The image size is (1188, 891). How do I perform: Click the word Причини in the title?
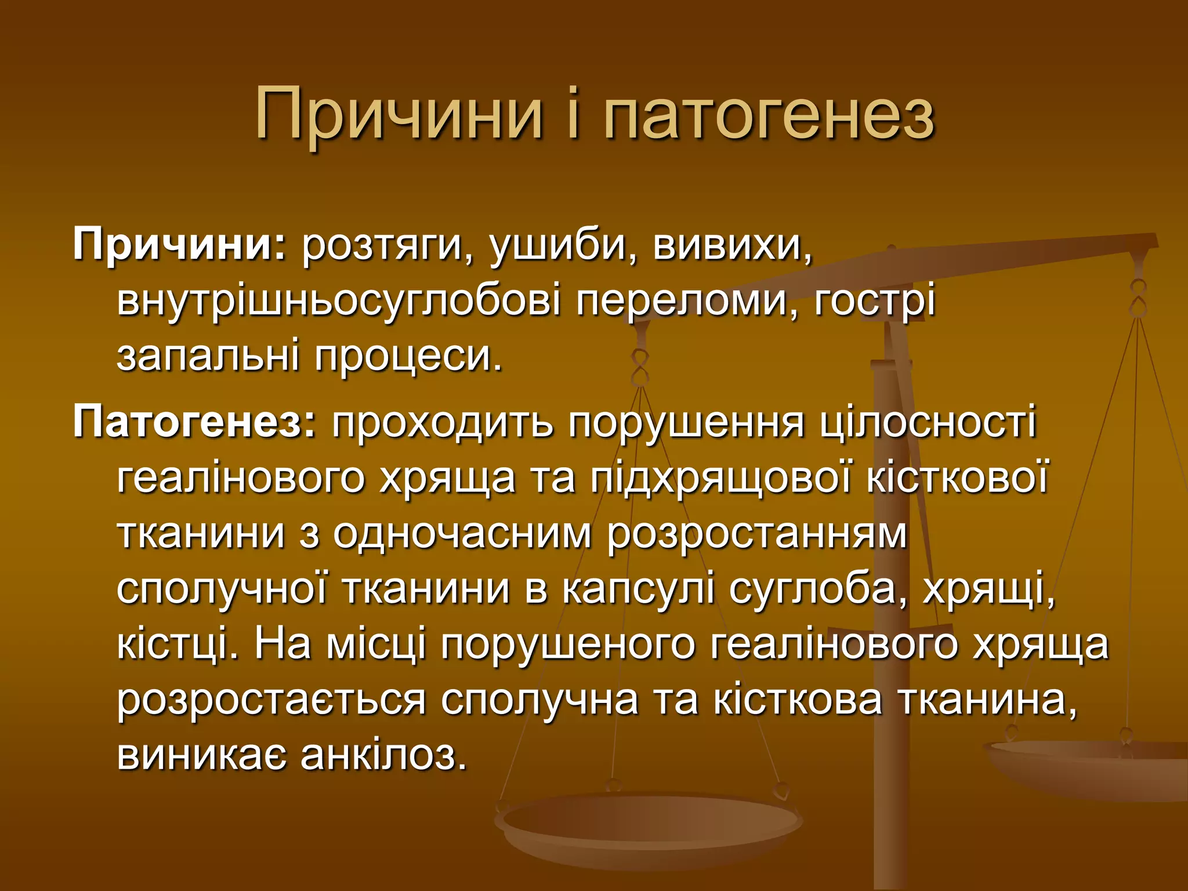[399, 114]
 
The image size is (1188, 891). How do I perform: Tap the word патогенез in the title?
[769, 114]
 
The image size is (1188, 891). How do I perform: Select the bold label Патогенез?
[194, 422]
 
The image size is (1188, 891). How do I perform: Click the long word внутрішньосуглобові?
[339, 302]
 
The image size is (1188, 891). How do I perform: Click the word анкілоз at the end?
[383, 755]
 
